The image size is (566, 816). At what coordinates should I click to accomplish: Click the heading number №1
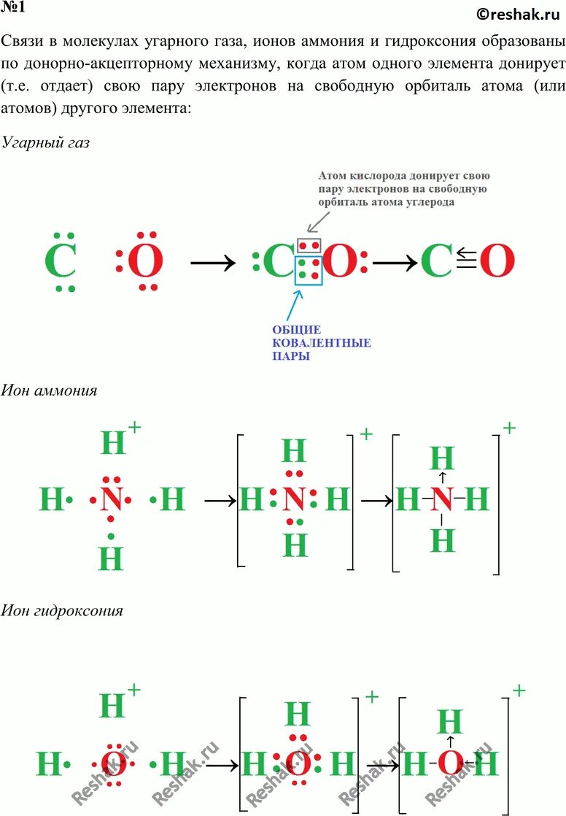pyautogui.click(x=15, y=9)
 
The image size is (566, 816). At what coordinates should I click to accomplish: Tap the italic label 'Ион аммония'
pyautogui.click(x=49, y=390)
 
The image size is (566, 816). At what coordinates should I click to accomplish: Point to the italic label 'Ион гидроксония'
pyautogui.click(x=61, y=610)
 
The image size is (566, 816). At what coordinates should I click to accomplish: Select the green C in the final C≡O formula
pyautogui.click(x=437, y=261)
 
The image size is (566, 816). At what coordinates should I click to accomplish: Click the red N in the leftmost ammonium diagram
pyautogui.click(x=111, y=500)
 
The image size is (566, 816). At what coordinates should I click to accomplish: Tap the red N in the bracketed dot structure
pyautogui.click(x=293, y=501)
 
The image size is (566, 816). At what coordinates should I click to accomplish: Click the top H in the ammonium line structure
pyautogui.click(x=443, y=458)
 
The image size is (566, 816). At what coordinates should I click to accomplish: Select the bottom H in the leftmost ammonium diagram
pyautogui.click(x=111, y=558)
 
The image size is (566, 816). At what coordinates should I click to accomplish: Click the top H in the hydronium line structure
pyautogui.click(x=449, y=722)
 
